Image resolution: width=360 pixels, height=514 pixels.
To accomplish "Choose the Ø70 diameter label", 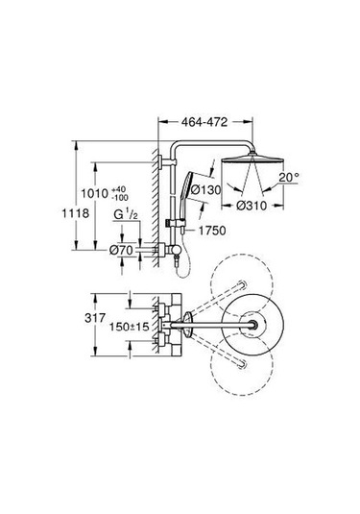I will click(123, 250).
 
